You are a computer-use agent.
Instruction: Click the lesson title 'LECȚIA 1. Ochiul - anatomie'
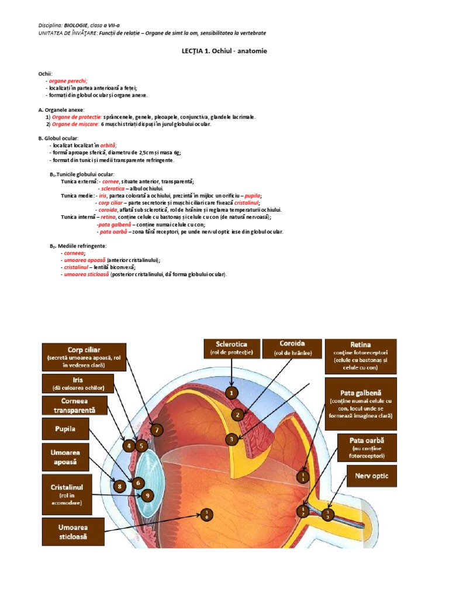[x=224, y=51]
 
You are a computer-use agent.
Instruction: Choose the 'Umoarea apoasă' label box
[x=65, y=456]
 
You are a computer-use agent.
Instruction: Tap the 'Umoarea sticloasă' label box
[x=73, y=531]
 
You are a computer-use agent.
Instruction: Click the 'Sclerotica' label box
[x=232, y=348]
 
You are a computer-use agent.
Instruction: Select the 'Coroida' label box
[x=292, y=348]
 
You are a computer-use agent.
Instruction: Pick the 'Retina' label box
[x=361, y=357]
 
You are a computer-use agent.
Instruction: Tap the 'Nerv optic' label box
[x=371, y=476]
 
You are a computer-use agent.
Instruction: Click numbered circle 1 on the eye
[x=232, y=393]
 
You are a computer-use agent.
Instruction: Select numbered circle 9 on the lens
[x=147, y=495]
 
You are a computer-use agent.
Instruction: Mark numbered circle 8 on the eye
[x=119, y=486]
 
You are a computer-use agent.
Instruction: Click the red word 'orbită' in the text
[x=108, y=145]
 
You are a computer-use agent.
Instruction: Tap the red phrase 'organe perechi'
[x=68, y=81]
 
